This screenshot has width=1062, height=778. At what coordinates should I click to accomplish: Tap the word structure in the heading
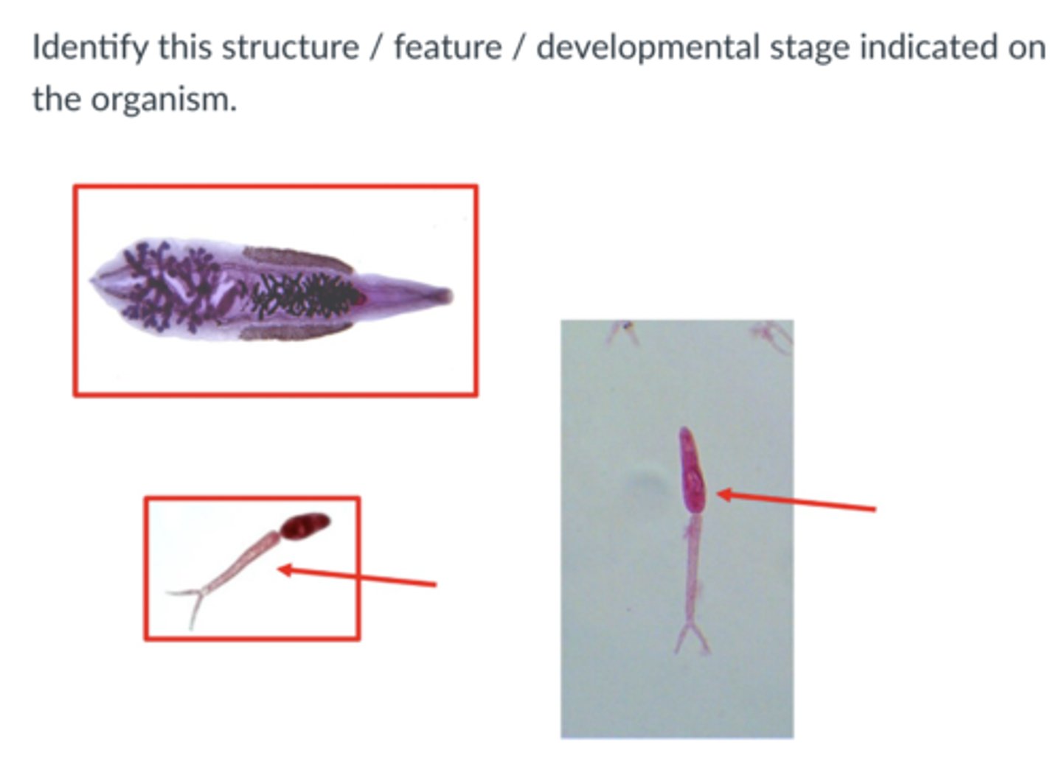pos(290,48)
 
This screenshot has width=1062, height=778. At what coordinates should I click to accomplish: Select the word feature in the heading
pos(448,48)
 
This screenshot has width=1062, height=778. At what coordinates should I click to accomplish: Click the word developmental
pos(647,48)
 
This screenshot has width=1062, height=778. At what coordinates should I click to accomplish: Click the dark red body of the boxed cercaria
pos(305,525)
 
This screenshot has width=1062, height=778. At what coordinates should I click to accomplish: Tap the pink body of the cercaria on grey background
pos(691,472)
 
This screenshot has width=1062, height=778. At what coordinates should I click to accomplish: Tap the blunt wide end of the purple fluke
pos(100,280)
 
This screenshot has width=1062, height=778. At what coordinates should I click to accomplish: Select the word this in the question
pos(184,48)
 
